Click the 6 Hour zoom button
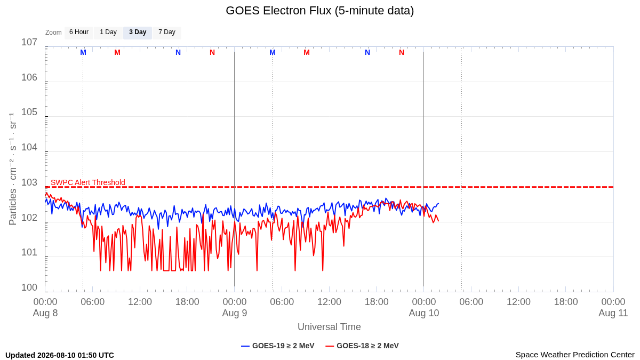pos(79,33)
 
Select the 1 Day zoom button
pos(108,33)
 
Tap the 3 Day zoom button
pos(138,33)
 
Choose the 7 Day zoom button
pos(167,33)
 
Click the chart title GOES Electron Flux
pos(319,11)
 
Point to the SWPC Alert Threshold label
pos(88,182)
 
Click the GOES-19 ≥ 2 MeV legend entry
pos(277,346)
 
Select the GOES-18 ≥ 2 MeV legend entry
pos(362,346)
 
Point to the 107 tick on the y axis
pos(29,42)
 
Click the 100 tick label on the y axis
pos(29,287)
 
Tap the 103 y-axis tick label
pos(29,182)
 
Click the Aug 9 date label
pos(235,313)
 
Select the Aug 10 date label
pos(423,313)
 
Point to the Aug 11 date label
pos(613,313)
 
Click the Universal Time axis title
pos(329,327)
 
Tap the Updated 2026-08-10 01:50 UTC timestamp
pos(60,355)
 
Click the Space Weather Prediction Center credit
pos(575,355)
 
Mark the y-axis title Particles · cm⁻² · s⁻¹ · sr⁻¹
pos(13,169)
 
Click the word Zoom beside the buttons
pos(53,33)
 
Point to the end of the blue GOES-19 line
pos(438,203)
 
